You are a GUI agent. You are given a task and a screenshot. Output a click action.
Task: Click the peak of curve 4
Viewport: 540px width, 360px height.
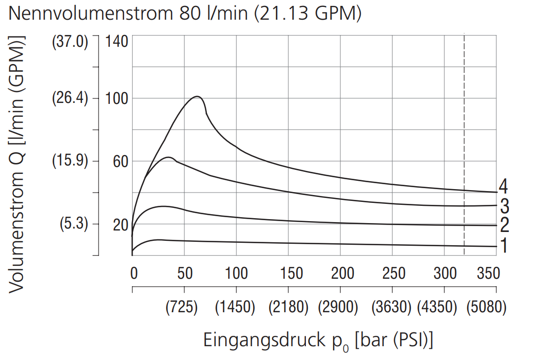pos(197,97)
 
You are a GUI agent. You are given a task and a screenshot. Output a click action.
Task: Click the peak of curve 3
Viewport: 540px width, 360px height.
pos(169,158)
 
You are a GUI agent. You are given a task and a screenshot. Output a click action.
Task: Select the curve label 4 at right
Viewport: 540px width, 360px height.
pos(503,187)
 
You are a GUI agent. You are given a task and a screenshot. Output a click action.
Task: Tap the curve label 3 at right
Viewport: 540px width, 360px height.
pos(504,205)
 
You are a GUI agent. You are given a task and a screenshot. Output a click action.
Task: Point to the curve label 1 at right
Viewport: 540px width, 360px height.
pos(504,245)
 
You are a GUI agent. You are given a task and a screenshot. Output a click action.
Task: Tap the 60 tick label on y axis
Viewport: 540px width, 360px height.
pos(120,161)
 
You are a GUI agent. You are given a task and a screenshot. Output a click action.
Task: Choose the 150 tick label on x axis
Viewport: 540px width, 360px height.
pos(288,273)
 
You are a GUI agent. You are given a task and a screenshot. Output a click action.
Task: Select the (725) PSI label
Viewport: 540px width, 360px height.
pos(181,308)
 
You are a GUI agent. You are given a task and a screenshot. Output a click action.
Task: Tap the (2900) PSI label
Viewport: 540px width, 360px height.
pos(338,308)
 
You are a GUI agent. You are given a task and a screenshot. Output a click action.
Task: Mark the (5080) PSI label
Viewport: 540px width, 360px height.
pos(486,308)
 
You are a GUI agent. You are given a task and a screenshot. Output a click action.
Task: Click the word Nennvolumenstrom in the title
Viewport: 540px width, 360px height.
pos(90,13)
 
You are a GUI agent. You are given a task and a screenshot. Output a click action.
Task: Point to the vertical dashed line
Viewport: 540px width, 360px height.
pos(464,148)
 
